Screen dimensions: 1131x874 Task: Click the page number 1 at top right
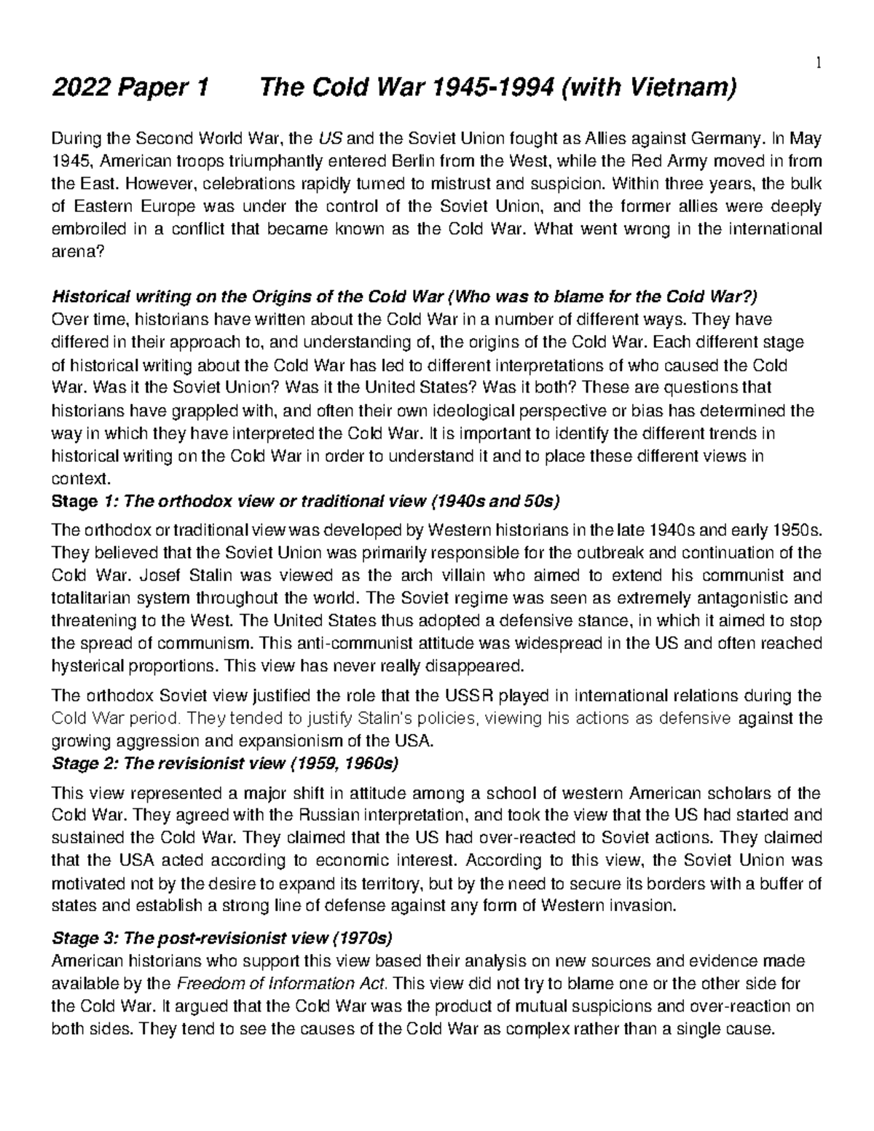(x=819, y=63)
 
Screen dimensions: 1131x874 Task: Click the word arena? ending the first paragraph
(x=73, y=251)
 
